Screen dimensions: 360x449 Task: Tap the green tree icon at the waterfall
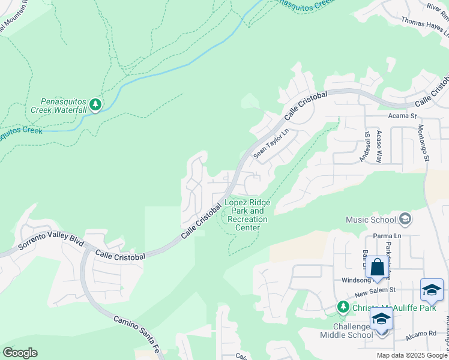click(x=95, y=105)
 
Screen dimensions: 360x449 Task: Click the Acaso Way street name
click(x=379, y=146)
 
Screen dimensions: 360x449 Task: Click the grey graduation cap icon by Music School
click(x=405, y=219)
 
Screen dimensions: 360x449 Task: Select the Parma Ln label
click(x=387, y=236)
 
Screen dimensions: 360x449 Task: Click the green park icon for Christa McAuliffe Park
click(x=343, y=307)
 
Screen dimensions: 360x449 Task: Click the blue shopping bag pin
click(x=377, y=267)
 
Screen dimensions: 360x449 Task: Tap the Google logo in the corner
click(x=20, y=353)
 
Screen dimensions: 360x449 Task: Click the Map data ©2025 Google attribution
click(x=412, y=355)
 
